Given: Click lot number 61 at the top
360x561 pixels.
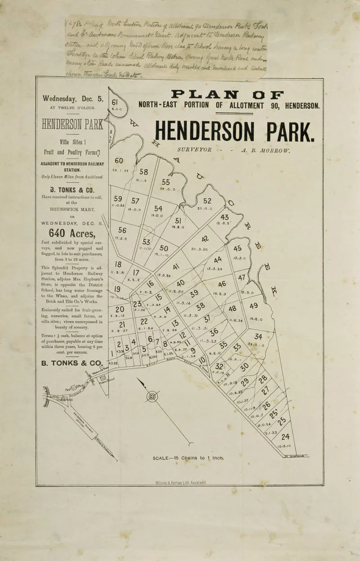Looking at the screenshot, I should [114, 102].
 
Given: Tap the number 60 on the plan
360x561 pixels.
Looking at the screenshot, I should [119, 161].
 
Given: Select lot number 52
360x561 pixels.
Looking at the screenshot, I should [207, 201].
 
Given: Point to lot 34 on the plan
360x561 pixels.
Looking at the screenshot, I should [258, 336].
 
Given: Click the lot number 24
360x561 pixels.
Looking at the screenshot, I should [285, 436].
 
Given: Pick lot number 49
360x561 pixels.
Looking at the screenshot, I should [254, 306].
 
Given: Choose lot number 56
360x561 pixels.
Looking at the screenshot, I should [122, 230].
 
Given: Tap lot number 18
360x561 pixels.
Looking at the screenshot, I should [118, 265].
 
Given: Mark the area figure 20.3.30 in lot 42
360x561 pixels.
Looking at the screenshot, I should [199, 249].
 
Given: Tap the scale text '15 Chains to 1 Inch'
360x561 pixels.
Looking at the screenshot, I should [188, 458].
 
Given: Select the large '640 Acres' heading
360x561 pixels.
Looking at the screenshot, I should [72, 233].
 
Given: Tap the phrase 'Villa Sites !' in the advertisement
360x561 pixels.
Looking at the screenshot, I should [72, 141].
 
